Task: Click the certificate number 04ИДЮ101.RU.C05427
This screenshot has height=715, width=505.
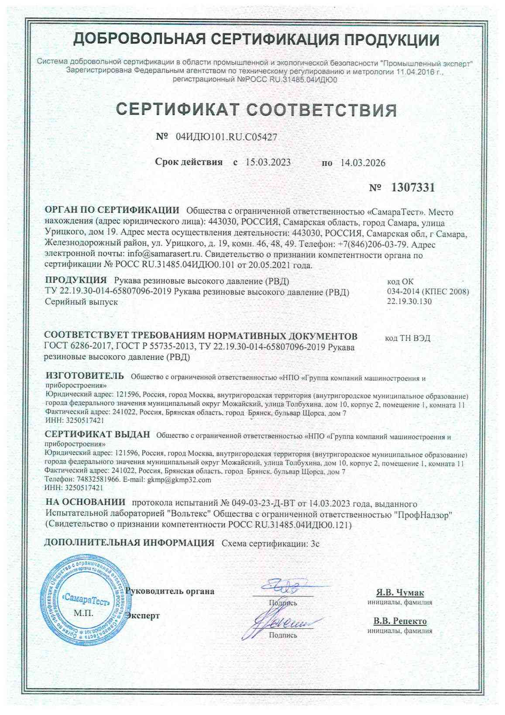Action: pos(226,137)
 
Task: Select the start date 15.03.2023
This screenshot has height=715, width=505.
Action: pos(268,162)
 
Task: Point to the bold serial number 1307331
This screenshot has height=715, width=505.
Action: pos(413,188)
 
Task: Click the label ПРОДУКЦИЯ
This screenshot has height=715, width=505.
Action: pos(76,280)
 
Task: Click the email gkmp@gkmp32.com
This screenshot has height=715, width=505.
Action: pos(179,480)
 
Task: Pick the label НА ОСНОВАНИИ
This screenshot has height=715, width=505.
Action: pos(85,503)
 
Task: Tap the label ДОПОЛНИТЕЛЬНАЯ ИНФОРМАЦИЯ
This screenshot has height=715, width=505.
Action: pos(130,543)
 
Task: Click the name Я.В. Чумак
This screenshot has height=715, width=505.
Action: pos(400,593)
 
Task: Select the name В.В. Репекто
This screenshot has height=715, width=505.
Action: pos(400,621)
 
